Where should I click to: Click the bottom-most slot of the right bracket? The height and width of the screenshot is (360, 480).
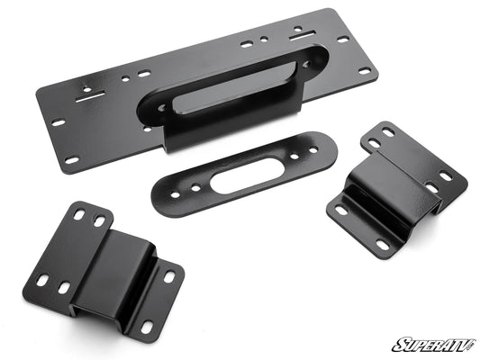[x=382, y=245]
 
